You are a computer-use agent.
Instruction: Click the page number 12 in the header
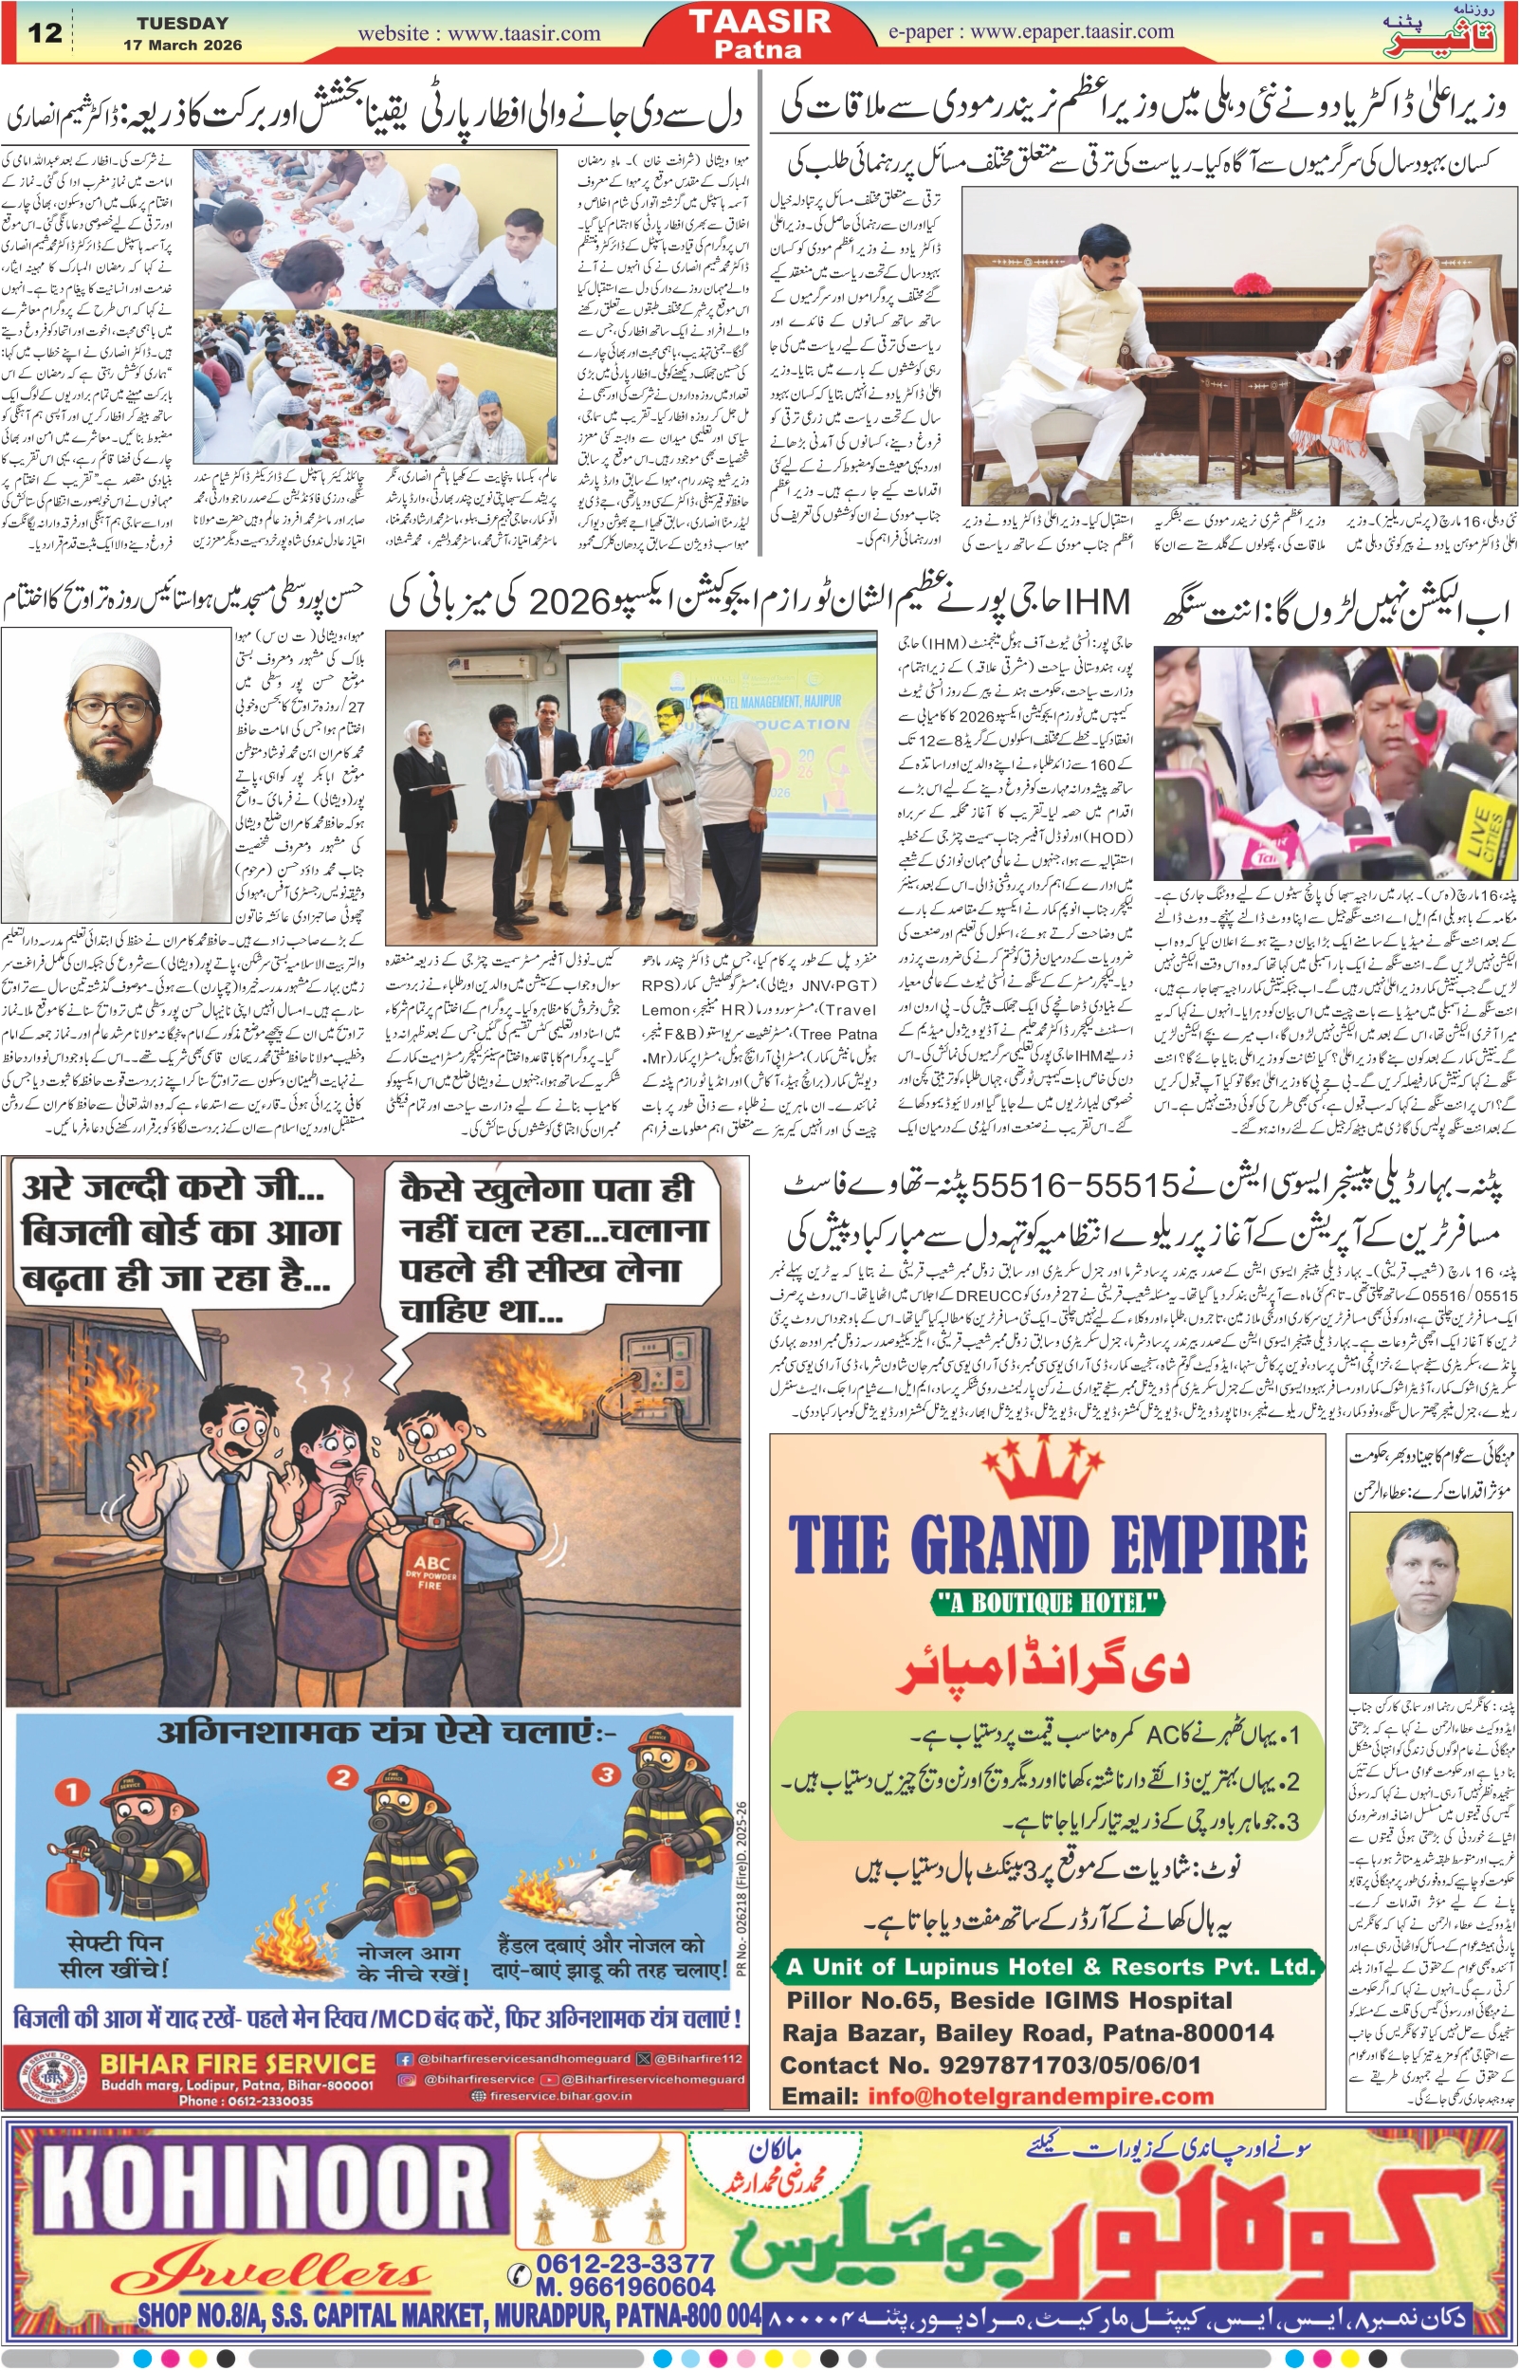click(x=46, y=33)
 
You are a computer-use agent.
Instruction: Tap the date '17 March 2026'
click(x=182, y=46)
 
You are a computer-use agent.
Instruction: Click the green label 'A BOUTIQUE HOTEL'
click(x=1048, y=1604)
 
